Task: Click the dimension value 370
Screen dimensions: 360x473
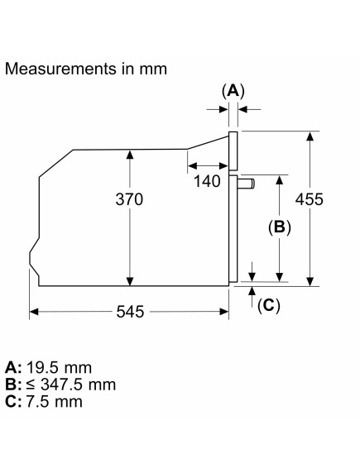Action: click(x=129, y=199)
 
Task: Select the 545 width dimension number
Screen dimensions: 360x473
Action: click(x=131, y=312)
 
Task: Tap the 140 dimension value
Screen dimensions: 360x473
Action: click(x=207, y=181)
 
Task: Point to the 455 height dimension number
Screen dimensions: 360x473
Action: click(x=309, y=199)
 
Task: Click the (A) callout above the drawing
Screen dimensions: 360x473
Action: click(x=233, y=91)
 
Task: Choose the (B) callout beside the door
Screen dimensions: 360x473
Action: click(x=280, y=227)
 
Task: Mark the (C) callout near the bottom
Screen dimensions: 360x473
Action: click(x=269, y=306)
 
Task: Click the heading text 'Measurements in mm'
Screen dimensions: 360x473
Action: click(x=86, y=69)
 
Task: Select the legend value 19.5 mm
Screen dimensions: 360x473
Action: click(x=60, y=367)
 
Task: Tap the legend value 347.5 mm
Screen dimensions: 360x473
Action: click(x=79, y=385)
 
